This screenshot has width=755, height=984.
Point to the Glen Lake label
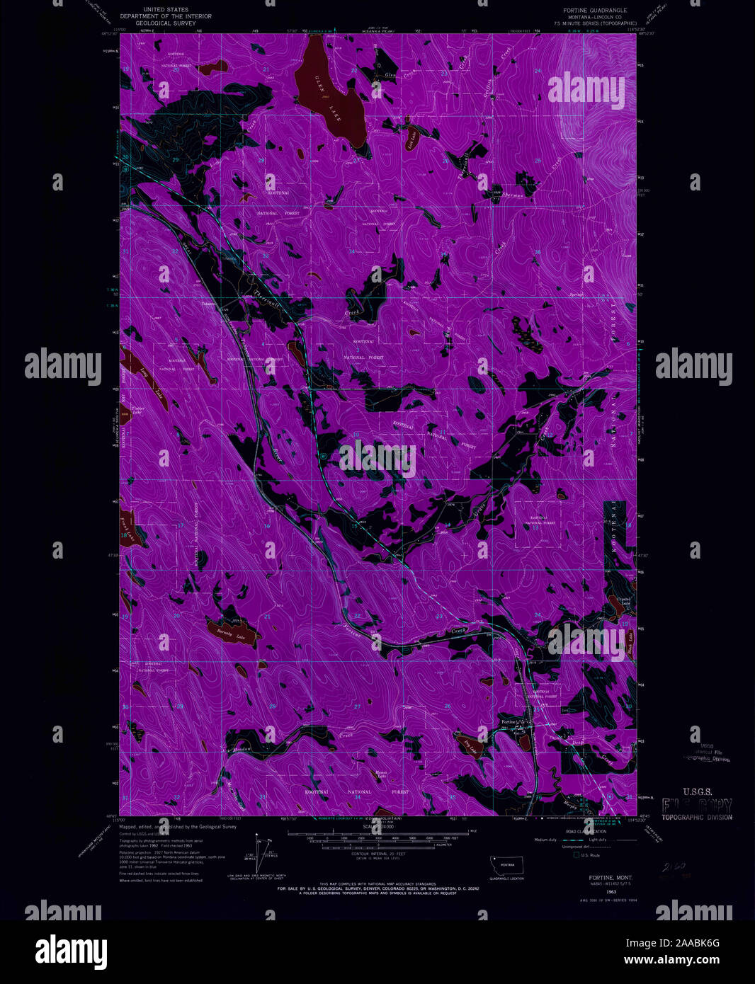[x=329, y=98]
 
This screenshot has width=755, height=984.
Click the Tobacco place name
[x=208, y=304]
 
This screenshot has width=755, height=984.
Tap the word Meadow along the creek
[x=242, y=749]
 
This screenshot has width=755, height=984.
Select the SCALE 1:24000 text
[x=377, y=826]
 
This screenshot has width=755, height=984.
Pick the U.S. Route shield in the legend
[x=575, y=855]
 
